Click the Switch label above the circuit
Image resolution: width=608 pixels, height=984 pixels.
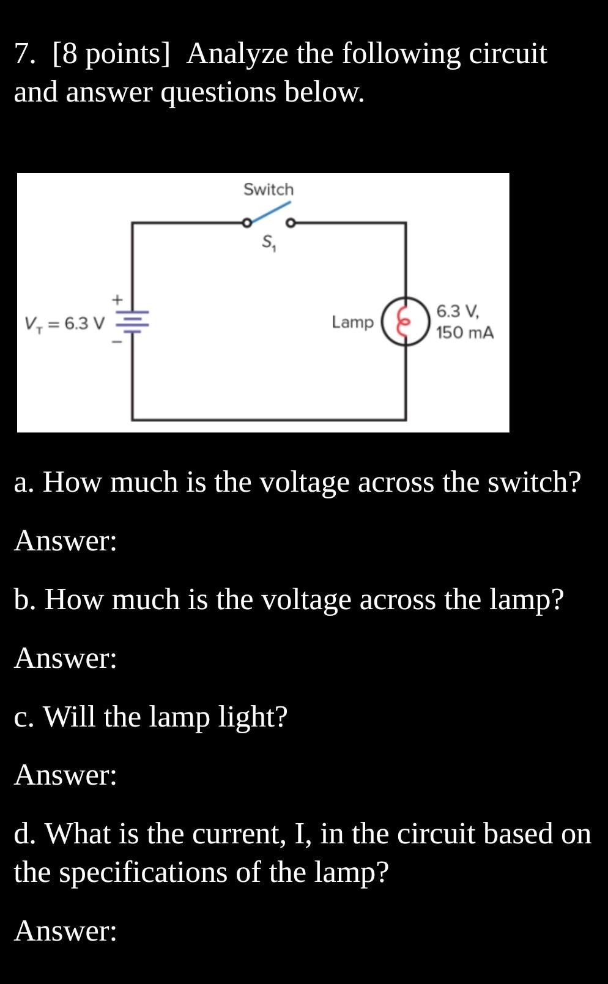tap(269, 190)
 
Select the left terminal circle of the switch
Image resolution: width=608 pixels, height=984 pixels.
tap(246, 223)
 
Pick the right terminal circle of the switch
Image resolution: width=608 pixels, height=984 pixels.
tap(291, 223)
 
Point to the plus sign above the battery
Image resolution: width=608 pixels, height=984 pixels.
tap(117, 300)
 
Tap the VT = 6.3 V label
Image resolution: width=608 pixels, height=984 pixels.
tap(65, 323)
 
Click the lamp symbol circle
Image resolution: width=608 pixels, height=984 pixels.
tap(405, 322)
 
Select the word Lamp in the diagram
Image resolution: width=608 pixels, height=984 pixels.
tap(352, 322)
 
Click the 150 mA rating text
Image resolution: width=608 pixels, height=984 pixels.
tap(465, 333)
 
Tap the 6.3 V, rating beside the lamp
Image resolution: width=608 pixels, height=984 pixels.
tap(458, 311)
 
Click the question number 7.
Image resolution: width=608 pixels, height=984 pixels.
tap(25, 54)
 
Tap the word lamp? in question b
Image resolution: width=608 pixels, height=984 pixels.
tap(527, 599)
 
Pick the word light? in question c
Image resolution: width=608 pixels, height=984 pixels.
tap(253, 716)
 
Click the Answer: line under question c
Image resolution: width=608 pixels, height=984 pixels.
tap(65, 775)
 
